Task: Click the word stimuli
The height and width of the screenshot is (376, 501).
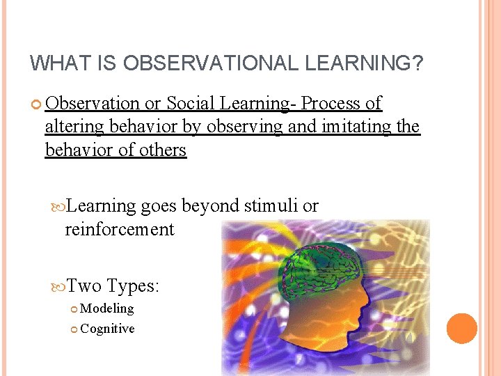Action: pyautogui.click(x=271, y=206)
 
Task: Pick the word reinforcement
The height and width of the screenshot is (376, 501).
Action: pyautogui.click(x=119, y=230)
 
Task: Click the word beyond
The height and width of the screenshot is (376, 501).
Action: pyautogui.click(x=212, y=206)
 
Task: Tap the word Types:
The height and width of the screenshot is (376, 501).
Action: pyautogui.click(x=134, y=285)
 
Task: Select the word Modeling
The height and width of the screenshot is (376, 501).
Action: pyautogui.click(x=107, y=308)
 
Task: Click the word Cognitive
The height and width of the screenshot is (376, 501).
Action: pyautogui.click(x=107, y=329)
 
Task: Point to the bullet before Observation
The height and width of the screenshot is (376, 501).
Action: pyautogui.click(x=37, y=104)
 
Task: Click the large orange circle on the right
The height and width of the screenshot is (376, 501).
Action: pyautogui.click(x=462, y=329)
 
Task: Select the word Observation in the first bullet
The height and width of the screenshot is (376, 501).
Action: pyautogui.click(x=93, y=104)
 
